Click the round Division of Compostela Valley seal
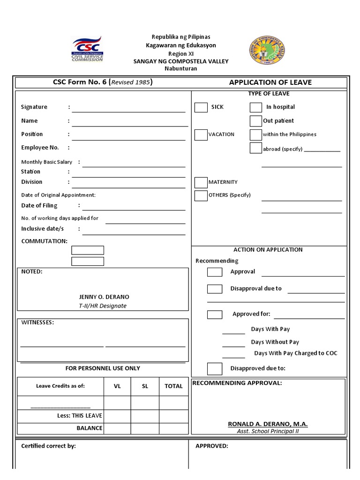click(265, 51)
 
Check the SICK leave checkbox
click(201, 107)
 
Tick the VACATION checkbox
click(201, 135)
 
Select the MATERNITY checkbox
click(201, 182)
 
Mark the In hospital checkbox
click(256, 107)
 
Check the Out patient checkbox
click(256, 121)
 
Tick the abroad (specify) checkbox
click(256, 148)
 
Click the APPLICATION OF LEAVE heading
click(270, 82)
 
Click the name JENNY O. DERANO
click(104, 297)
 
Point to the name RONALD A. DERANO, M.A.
click(268, 424)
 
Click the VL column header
click(117, 386)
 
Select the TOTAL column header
click(173, 386)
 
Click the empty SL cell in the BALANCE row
click(145, 428)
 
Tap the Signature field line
click(128, 109)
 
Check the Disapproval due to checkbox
click(215, 289)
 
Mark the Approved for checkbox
click(215, 315)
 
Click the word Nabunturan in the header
click(180, 68)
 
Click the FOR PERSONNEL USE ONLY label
click(103, 368)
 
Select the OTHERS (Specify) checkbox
click(201, 195)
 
